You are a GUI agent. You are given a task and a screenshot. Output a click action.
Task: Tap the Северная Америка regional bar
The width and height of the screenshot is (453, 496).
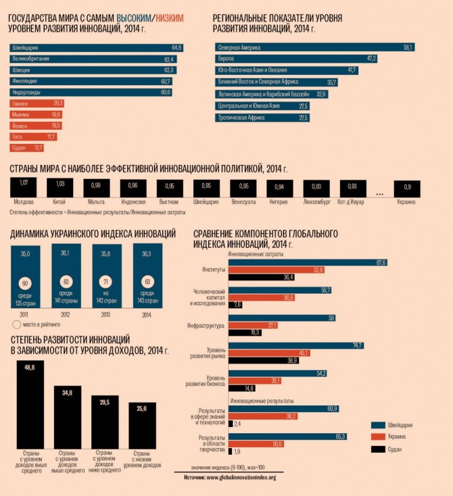click(314, 48)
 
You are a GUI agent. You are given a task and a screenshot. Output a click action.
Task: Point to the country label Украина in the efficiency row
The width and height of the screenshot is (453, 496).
click(406, 201)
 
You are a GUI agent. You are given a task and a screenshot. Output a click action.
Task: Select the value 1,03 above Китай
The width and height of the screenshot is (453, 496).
click(60, 184)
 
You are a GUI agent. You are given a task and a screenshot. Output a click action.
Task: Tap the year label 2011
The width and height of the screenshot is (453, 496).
click(24, 314)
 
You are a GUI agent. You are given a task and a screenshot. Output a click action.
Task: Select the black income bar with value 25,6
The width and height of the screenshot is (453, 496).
click(142, 425)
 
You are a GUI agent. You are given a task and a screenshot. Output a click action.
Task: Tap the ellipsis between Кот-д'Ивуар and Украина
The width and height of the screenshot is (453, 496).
click(379, 193)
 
